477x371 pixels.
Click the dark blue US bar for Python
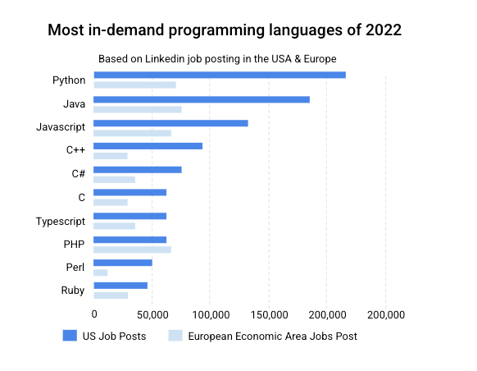(220, 75)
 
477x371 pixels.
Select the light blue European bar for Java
(138, 110)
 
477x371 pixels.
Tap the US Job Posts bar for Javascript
(170, 123)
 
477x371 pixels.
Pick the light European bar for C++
(111, 156)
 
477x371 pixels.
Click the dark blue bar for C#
(138, 170)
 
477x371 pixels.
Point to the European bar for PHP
(132, 250)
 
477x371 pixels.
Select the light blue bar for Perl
(100, 273)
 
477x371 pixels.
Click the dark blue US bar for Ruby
(120, 286)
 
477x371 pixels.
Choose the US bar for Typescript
(129, 216)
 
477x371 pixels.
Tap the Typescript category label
(61, 222)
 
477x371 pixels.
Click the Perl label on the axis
(75, 267)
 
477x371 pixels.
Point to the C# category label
(78, 174)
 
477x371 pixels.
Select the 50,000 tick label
(152, 314)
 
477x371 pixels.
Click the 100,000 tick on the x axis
(211, 314)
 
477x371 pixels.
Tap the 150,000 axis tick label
(269, 314)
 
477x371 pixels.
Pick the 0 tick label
(94, 314)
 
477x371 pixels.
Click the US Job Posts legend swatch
(70, 336)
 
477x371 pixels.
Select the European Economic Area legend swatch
(175, 336)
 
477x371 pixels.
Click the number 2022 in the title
(384, 30)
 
